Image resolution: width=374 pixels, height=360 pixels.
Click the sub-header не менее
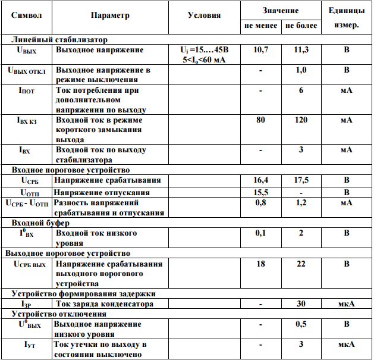(x=260, y=26)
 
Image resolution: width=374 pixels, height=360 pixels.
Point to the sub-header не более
(x=301, y=26)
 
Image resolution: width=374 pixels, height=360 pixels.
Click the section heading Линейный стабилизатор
(x=59, y=39)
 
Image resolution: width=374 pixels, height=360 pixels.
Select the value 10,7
(x=260, y=49)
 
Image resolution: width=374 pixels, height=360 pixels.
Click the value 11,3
(x=301, y=49)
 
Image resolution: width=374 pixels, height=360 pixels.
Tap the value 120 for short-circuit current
(x=301, y=120)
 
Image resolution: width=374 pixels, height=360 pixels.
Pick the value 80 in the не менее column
(x=260, y=120)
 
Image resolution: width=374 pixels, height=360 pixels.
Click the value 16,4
(x=260, y=180)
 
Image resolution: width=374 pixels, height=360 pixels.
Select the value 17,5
(x=301, y=180)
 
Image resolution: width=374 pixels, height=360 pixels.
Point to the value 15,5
(x=260, y=192)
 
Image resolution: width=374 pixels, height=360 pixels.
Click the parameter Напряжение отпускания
(x=102, y=192)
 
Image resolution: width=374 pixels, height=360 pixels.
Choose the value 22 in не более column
(x=301, y=263)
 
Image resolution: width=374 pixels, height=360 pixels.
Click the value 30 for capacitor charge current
(x=301, y=303)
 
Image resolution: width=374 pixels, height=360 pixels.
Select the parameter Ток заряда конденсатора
(x=104, y=303)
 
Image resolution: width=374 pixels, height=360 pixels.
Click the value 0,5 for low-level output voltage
(x=301, y=324)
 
